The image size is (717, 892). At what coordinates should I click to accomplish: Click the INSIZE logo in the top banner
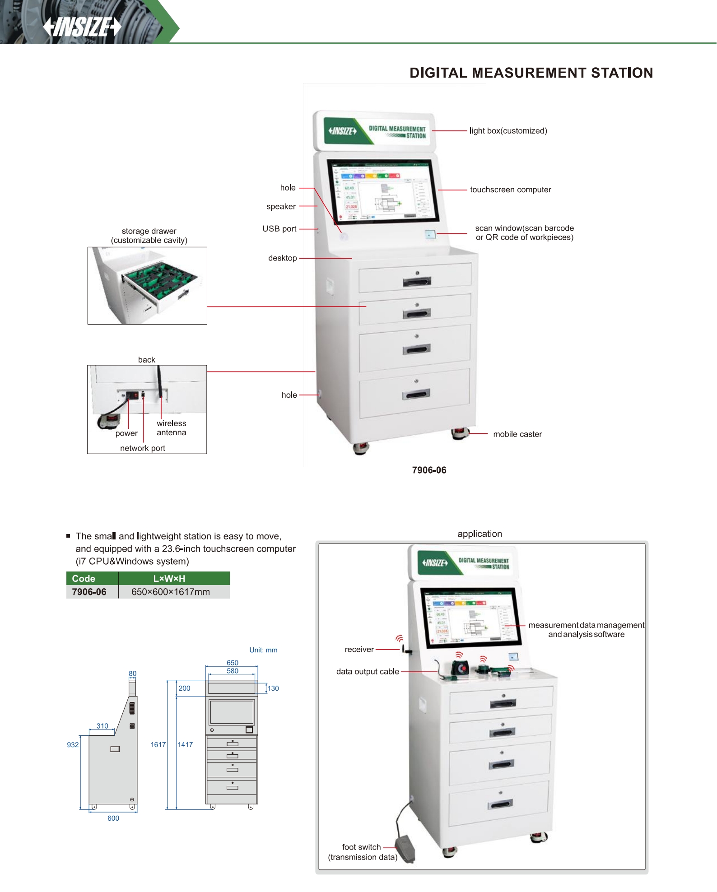82,27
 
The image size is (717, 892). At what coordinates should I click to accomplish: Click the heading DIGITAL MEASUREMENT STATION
531,73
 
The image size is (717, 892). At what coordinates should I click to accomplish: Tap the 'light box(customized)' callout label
508,131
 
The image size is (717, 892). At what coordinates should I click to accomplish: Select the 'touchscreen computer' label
510,190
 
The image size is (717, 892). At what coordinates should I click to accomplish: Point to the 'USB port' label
279,229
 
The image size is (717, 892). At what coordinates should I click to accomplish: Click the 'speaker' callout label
281,206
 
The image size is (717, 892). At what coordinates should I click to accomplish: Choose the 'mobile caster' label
517,434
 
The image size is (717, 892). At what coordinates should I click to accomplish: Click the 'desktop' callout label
282,258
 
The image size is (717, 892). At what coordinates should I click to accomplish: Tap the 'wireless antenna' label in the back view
171,428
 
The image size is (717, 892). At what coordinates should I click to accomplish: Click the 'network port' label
143,448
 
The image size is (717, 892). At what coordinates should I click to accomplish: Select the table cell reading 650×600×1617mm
171,592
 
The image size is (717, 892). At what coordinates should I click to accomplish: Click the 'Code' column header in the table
84,579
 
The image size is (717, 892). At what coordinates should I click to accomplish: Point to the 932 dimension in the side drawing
73,745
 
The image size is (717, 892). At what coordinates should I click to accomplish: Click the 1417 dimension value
185,745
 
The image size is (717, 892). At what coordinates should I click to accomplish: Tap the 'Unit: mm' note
263,650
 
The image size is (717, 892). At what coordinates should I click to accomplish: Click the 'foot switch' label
361,847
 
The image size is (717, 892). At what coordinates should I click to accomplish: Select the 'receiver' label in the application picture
359,650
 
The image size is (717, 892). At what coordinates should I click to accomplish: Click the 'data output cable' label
368,672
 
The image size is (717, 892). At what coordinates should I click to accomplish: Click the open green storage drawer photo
147,285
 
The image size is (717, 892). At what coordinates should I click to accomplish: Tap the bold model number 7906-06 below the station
429,470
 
